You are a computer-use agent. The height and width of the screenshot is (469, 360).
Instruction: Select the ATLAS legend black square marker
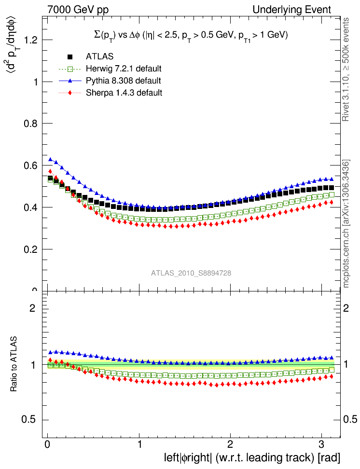pyautogui.click(x=70, y=56)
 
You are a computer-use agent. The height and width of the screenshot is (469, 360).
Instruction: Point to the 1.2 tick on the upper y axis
pyautogui.click(x=30, y=40)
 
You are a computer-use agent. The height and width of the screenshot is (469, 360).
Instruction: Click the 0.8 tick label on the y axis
pyautogui.click(x=30, y=124)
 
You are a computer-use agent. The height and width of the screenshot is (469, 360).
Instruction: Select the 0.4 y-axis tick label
pyautogui.click(x=30, y=207)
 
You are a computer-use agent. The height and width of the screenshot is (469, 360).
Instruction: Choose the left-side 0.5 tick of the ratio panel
pyautogui.click(x=30, y=419)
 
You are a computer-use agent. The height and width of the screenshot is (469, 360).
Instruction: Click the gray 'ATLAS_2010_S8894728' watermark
pyautogui.click(x=191, y=273)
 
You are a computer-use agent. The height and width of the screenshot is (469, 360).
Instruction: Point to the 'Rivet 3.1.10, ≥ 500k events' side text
pyautogui.click(x=346, y=70)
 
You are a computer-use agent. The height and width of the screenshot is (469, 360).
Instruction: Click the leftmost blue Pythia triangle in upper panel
pyautogui.click(x=50, y=159)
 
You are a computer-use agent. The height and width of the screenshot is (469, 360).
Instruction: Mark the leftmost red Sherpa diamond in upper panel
pyautogui.click(x=50, y=171)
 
